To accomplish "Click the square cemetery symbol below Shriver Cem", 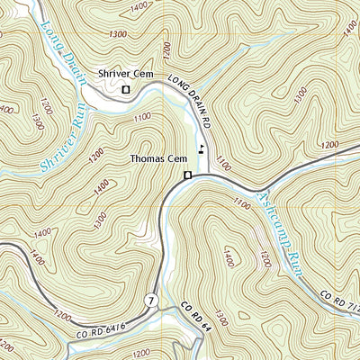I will (126, 90).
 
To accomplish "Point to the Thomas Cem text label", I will (157, 158).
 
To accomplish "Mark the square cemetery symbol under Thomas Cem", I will (187, 175).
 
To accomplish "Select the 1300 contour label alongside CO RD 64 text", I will (220, 314).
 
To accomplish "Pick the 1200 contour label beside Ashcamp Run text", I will (263, 260).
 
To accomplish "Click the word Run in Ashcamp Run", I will (292, 262).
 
